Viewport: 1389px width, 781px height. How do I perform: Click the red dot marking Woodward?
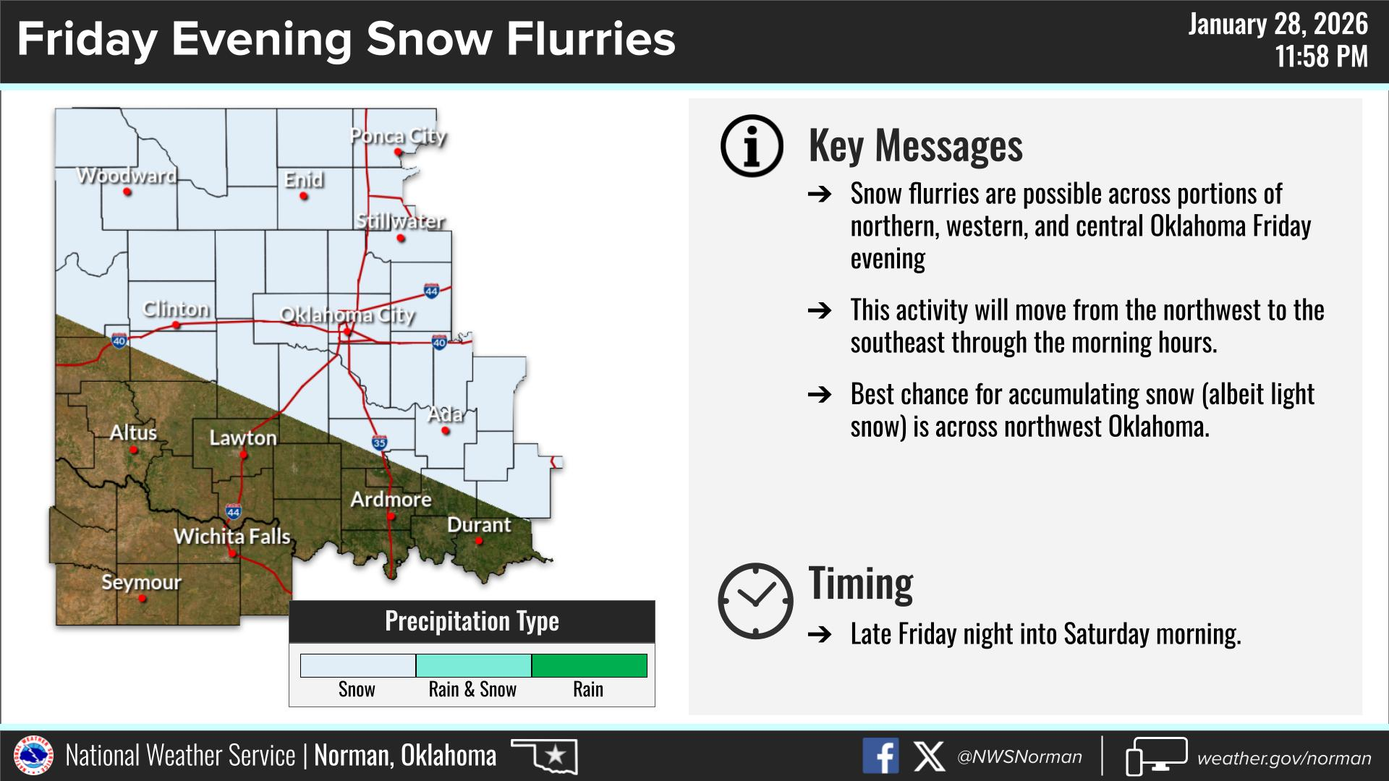pos(127,192)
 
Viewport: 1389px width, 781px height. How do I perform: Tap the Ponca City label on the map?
pos(398,136)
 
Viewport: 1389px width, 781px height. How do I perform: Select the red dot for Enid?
pos(304,196)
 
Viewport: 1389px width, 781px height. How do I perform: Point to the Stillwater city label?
pos(400,221)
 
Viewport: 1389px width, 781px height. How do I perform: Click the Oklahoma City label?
pos(347,315)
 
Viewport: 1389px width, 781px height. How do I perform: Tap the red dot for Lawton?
pos(244,456)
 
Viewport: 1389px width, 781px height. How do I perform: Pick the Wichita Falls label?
pos(232,537)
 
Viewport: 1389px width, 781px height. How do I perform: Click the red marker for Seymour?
pos(142,599)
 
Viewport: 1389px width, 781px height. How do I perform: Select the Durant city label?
pos(479,525)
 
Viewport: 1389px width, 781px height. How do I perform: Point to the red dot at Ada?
pos(446,431)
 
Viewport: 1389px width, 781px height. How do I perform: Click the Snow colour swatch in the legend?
pos(358,665)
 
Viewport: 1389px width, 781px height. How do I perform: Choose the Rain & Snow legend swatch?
pos(474,665)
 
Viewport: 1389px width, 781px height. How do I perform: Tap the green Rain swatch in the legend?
pos(590,665)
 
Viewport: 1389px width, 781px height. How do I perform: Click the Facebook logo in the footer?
pos(880,756)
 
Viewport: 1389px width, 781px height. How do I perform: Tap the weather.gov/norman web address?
pos(1284,758)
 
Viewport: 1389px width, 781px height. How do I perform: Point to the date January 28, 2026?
pos(1278,25)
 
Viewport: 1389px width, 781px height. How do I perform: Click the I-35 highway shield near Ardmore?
pos(380,443)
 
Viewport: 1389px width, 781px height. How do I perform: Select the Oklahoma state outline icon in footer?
pos(545,756)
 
